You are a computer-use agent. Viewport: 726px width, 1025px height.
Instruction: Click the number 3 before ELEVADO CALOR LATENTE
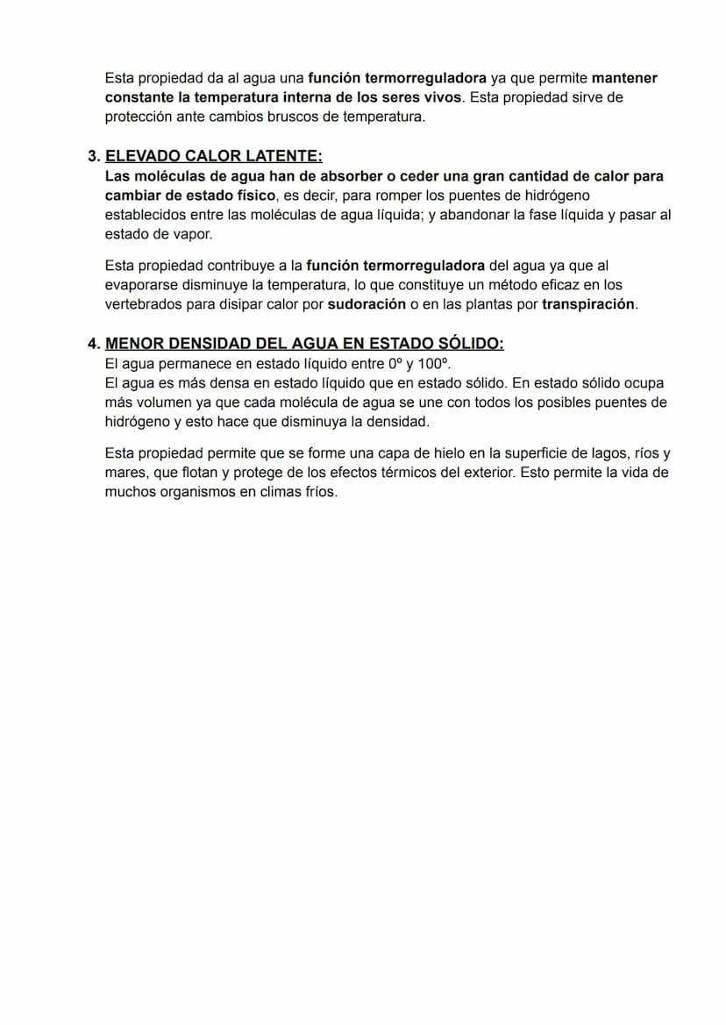click(92, 157)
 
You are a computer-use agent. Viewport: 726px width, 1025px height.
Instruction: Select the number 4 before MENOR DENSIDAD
click(92, 344)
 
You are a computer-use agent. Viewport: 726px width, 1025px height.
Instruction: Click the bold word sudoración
click(367, 305)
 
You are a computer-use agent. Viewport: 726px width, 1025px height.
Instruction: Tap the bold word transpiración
click(588, 305)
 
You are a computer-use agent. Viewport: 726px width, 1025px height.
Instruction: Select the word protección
click(139, 117)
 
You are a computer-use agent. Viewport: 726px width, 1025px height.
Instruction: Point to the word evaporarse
click(142, 286)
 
